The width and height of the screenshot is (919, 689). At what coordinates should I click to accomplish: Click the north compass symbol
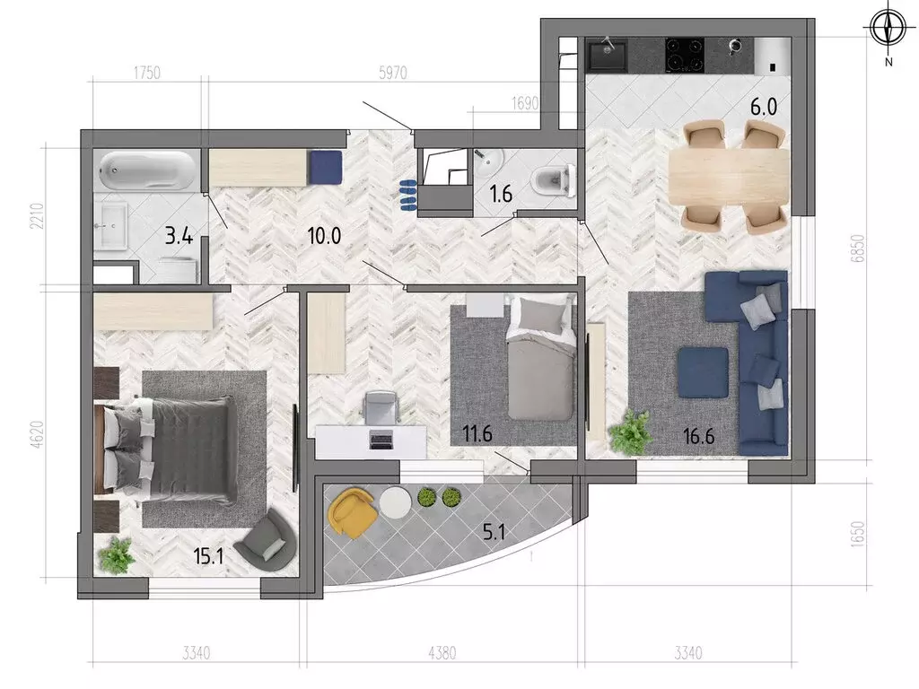coord(888,28)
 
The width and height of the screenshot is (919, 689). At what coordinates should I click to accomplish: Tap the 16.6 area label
coord(698,437)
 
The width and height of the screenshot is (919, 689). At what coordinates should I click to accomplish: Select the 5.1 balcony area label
coord(494,532)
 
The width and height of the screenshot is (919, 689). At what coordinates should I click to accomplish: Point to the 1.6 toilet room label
coord(501,193)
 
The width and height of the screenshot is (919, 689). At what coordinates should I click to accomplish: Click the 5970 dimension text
coord(393,73)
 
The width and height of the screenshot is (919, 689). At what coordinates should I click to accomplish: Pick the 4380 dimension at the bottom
coord(442,652)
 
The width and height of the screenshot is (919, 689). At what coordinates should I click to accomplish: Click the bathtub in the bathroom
coord(146,170)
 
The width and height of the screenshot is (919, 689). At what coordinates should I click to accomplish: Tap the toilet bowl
coord(554,179)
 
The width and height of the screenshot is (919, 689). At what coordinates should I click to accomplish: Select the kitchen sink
coord(608,55)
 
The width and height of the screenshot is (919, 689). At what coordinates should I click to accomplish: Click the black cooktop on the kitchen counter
coord(685,55)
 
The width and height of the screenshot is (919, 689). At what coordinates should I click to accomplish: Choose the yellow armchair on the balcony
coord(352,510)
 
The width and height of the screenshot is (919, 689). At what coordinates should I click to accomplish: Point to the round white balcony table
coord(395,502)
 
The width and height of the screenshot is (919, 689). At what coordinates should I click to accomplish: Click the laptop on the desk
coord(381,440)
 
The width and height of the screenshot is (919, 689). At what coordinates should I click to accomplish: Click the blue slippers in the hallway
coord(407,195)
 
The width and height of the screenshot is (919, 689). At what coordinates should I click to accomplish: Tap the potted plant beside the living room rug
coord(631,432)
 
